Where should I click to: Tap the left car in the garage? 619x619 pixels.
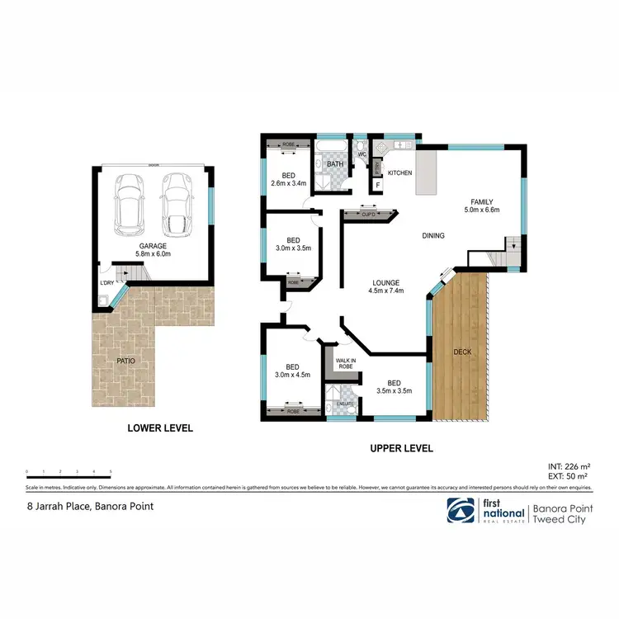pyautogui.click(x=129, y=203)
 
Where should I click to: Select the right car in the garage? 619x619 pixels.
pyautogui.click(x=176, y=203)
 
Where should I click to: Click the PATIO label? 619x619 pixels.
pyautogui.click(x=125, y=361)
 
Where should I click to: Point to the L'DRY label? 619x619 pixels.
pyautogui.click(x=106, y=285)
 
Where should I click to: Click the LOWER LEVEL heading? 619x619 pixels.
pyautogui.click(x=160, y=428)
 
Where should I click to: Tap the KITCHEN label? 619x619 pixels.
pyautogui.click(x=400, y=173)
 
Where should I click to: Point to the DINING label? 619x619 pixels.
pyautogui.click(x=433, y=236)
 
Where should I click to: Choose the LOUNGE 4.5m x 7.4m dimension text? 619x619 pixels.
pyautogui.click(x=386, y=291)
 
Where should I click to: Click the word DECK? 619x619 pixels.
pyautogui.click(x=462, y=352)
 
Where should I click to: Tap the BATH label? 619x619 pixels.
pyautogui.click(x=334, y=164)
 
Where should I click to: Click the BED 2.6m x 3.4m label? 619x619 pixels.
pyautogui.click(x=288, y=179)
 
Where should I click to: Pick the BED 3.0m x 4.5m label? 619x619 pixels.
pyautogui.click(x=293, y=371)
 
